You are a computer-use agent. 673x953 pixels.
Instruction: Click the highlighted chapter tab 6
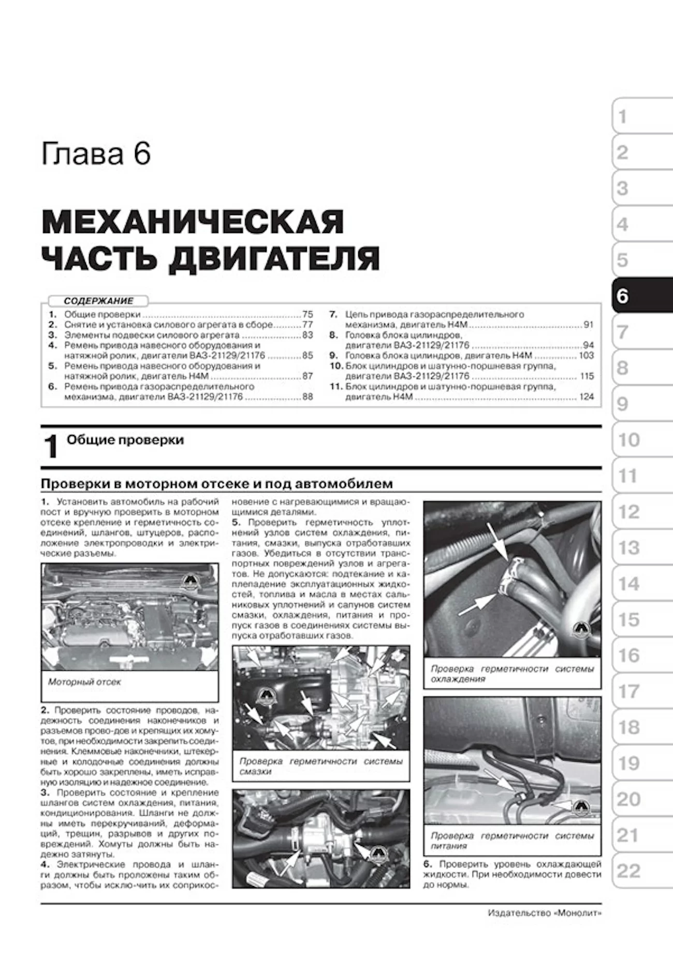(x=642, y=296)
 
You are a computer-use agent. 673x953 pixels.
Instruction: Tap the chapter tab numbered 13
(x=642, y=547)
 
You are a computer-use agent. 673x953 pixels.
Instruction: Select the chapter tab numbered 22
(x=642, y=871)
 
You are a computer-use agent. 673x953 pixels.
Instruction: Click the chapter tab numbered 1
(x=642, y=117)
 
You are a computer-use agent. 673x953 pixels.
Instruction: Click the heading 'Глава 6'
(x=96, y=154)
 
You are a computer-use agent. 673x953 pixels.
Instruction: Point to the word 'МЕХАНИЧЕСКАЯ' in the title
(x=193, y=222)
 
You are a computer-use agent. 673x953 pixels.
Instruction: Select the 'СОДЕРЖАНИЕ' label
(x=98, y=301)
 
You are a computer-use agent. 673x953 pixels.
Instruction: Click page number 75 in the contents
(x=308, y=314)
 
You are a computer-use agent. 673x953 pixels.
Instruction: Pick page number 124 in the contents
(x=587, y=397)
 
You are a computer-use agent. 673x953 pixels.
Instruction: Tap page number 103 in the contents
(x=587, y=355)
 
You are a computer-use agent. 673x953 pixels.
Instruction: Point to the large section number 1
(x=51, y=446)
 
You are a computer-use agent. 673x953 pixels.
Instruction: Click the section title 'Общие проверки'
(x=125, y=440)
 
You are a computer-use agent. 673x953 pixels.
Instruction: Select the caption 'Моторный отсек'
(x=84, y=682)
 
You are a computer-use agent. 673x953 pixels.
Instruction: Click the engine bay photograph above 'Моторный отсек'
(x=129, y=616)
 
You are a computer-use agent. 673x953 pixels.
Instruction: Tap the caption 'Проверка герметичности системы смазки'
(x=320, y=766)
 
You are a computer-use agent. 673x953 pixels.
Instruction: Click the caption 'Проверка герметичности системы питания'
(x=512, y=841)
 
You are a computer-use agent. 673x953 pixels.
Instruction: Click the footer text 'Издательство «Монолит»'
(x=545, y=913)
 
